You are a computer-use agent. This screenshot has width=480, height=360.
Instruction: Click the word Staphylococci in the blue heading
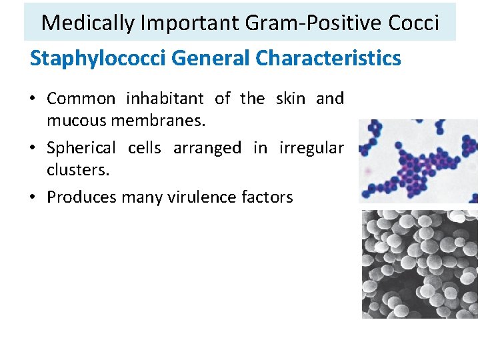point(98,59)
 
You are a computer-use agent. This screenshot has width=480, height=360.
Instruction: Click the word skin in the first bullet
point(289,99)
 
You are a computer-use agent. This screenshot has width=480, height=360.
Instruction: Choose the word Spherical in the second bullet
point(81,148)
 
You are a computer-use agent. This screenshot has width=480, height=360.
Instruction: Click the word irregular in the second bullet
point(311,148)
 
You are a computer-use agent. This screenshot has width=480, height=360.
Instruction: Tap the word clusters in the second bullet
point(77,170)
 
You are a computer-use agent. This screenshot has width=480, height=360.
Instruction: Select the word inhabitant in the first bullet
point(165,99)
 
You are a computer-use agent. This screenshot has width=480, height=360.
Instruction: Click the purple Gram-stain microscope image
point(418,161)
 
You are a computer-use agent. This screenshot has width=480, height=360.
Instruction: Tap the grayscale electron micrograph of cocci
point(419,264)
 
